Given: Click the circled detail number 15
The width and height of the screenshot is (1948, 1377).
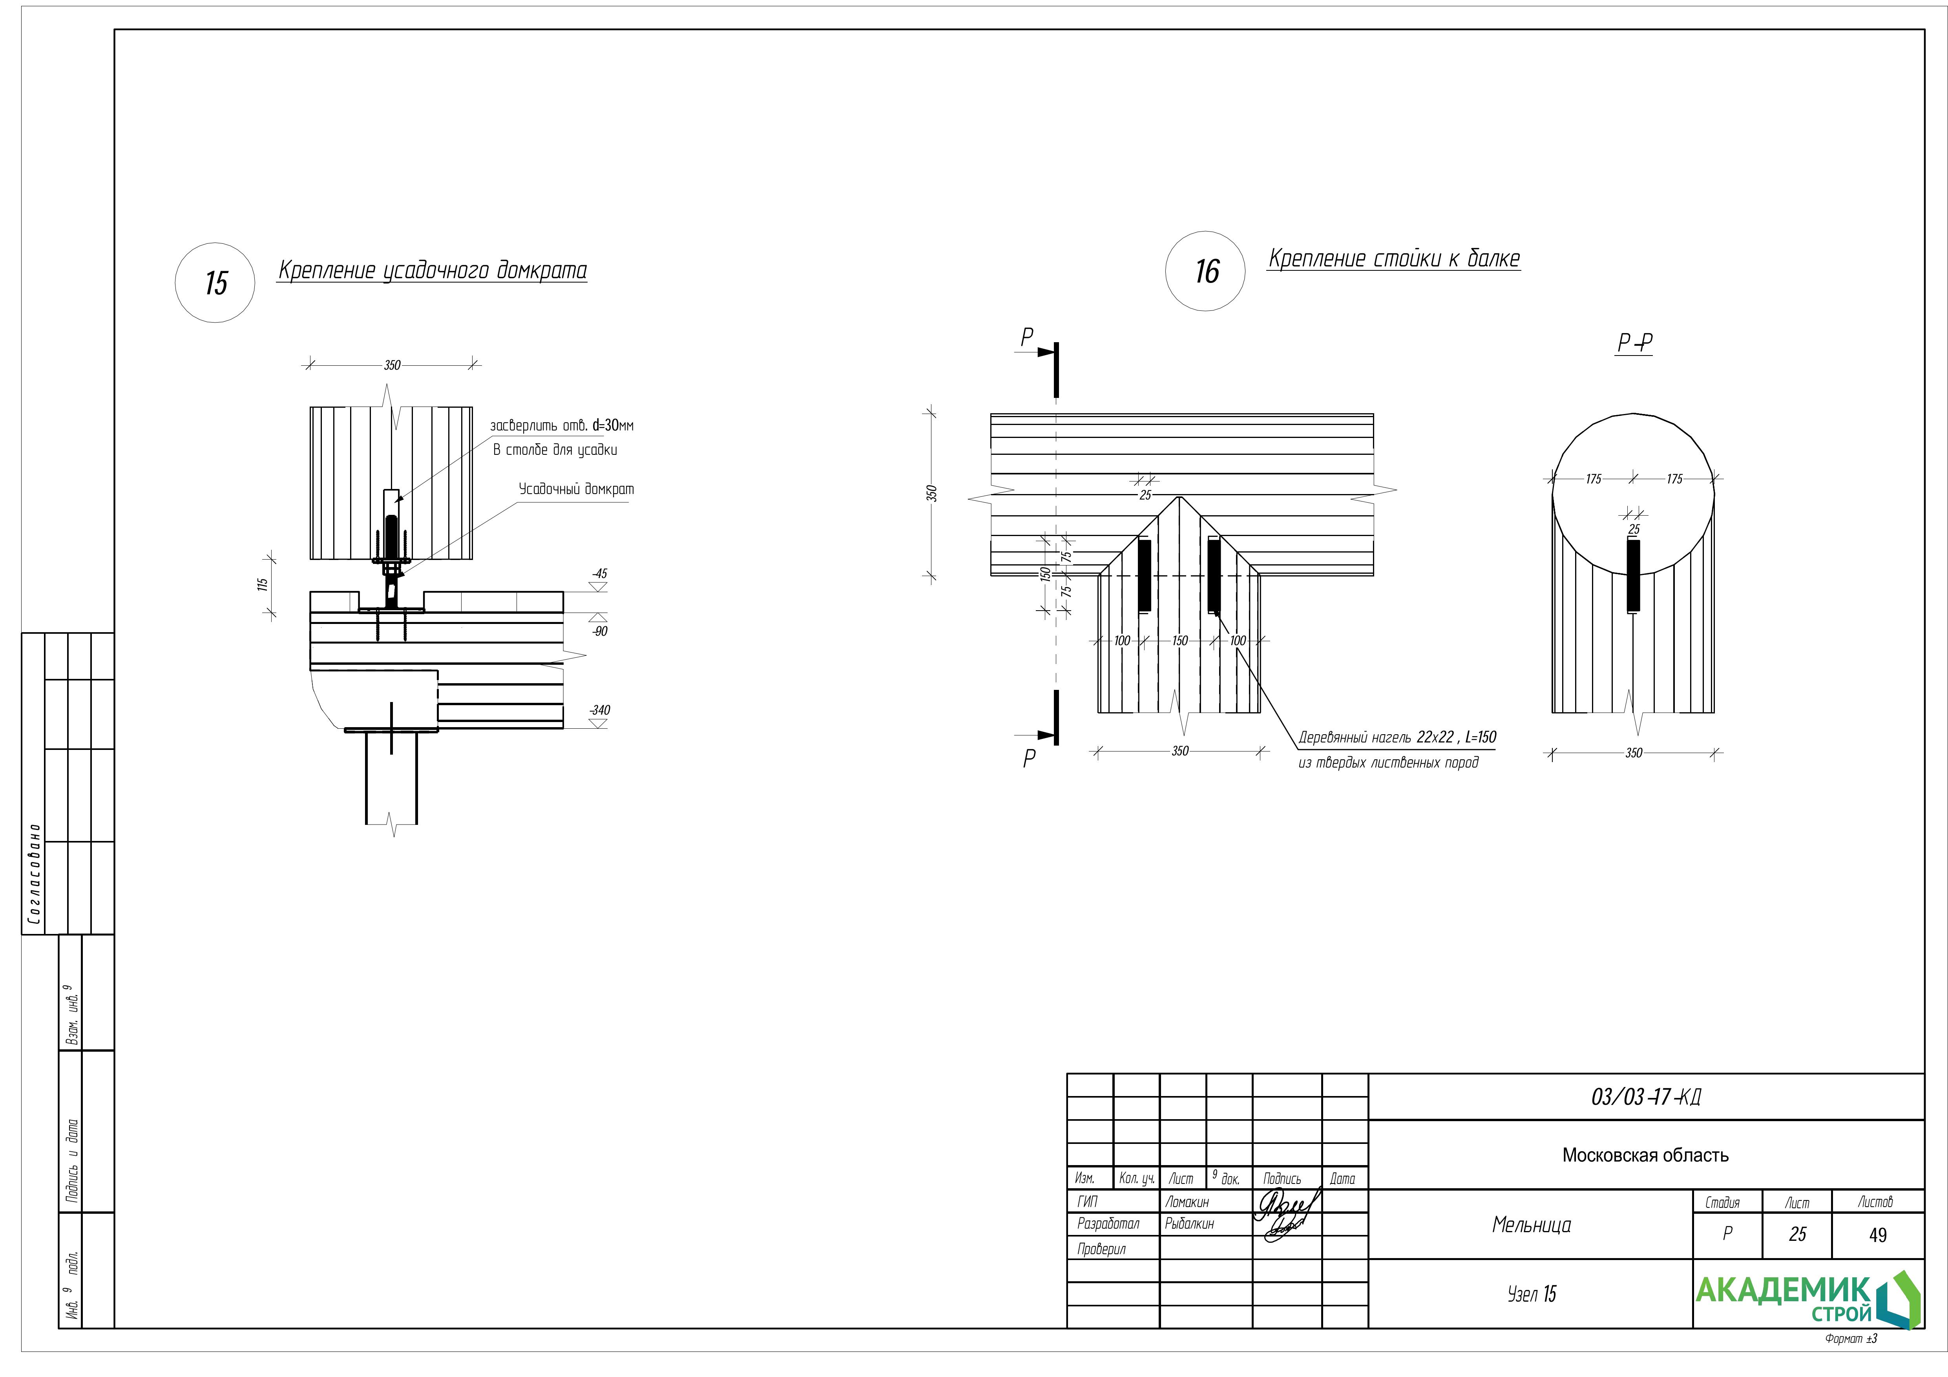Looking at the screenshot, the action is point(215,283).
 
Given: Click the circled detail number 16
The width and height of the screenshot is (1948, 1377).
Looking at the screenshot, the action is point(1206,272).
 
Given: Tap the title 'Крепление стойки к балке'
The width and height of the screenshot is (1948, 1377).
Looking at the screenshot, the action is point(1394,259).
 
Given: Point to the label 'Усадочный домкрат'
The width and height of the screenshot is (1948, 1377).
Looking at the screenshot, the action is point(576,490).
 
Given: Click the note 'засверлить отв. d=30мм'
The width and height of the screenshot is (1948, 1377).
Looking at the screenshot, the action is point(562,425).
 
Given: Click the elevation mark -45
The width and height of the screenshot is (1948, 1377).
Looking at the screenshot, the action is point(600,574).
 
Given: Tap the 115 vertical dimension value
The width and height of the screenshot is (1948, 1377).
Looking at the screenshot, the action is point(263,585).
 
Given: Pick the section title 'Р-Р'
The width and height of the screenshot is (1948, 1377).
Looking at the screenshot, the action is point(1634,343).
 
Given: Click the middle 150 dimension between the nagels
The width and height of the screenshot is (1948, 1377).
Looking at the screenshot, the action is point(1179,640).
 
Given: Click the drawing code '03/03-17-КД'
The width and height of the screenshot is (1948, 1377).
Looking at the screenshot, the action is point(1646,1097).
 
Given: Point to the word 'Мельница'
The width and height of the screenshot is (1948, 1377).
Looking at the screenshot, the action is point(1532,1225).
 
